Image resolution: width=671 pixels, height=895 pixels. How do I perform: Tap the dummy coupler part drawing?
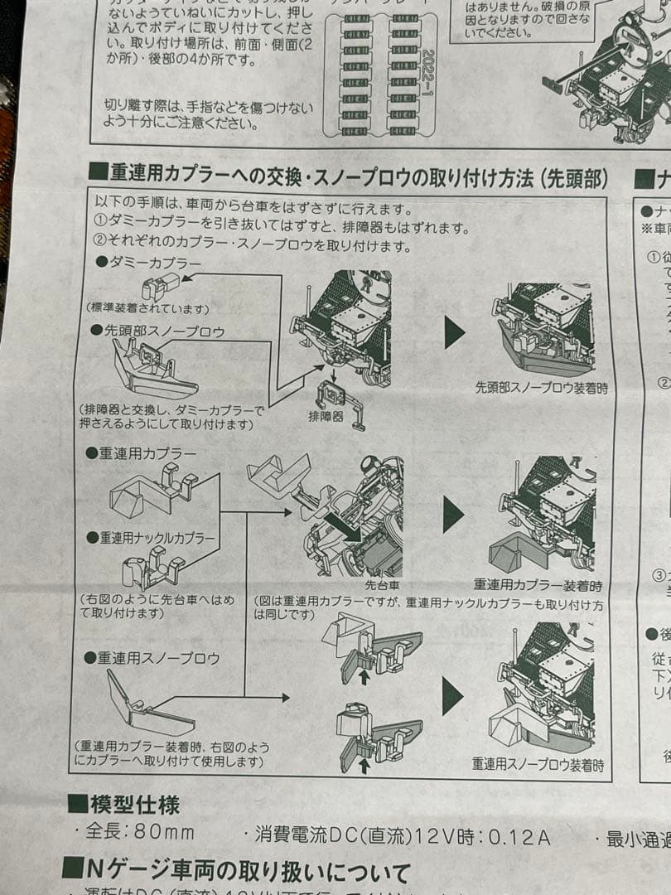[160, 288]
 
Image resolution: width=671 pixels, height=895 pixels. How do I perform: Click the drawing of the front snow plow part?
[153, 370]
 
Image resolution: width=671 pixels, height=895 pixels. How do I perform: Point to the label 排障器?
[326, 416]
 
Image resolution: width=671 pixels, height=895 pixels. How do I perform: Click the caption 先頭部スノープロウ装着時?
[542, 387]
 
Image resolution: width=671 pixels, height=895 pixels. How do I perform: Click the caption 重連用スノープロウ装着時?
[538, 763]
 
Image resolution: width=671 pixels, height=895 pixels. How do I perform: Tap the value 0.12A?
[519, 836]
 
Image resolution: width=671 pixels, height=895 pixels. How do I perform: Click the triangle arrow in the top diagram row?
[455, 332]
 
